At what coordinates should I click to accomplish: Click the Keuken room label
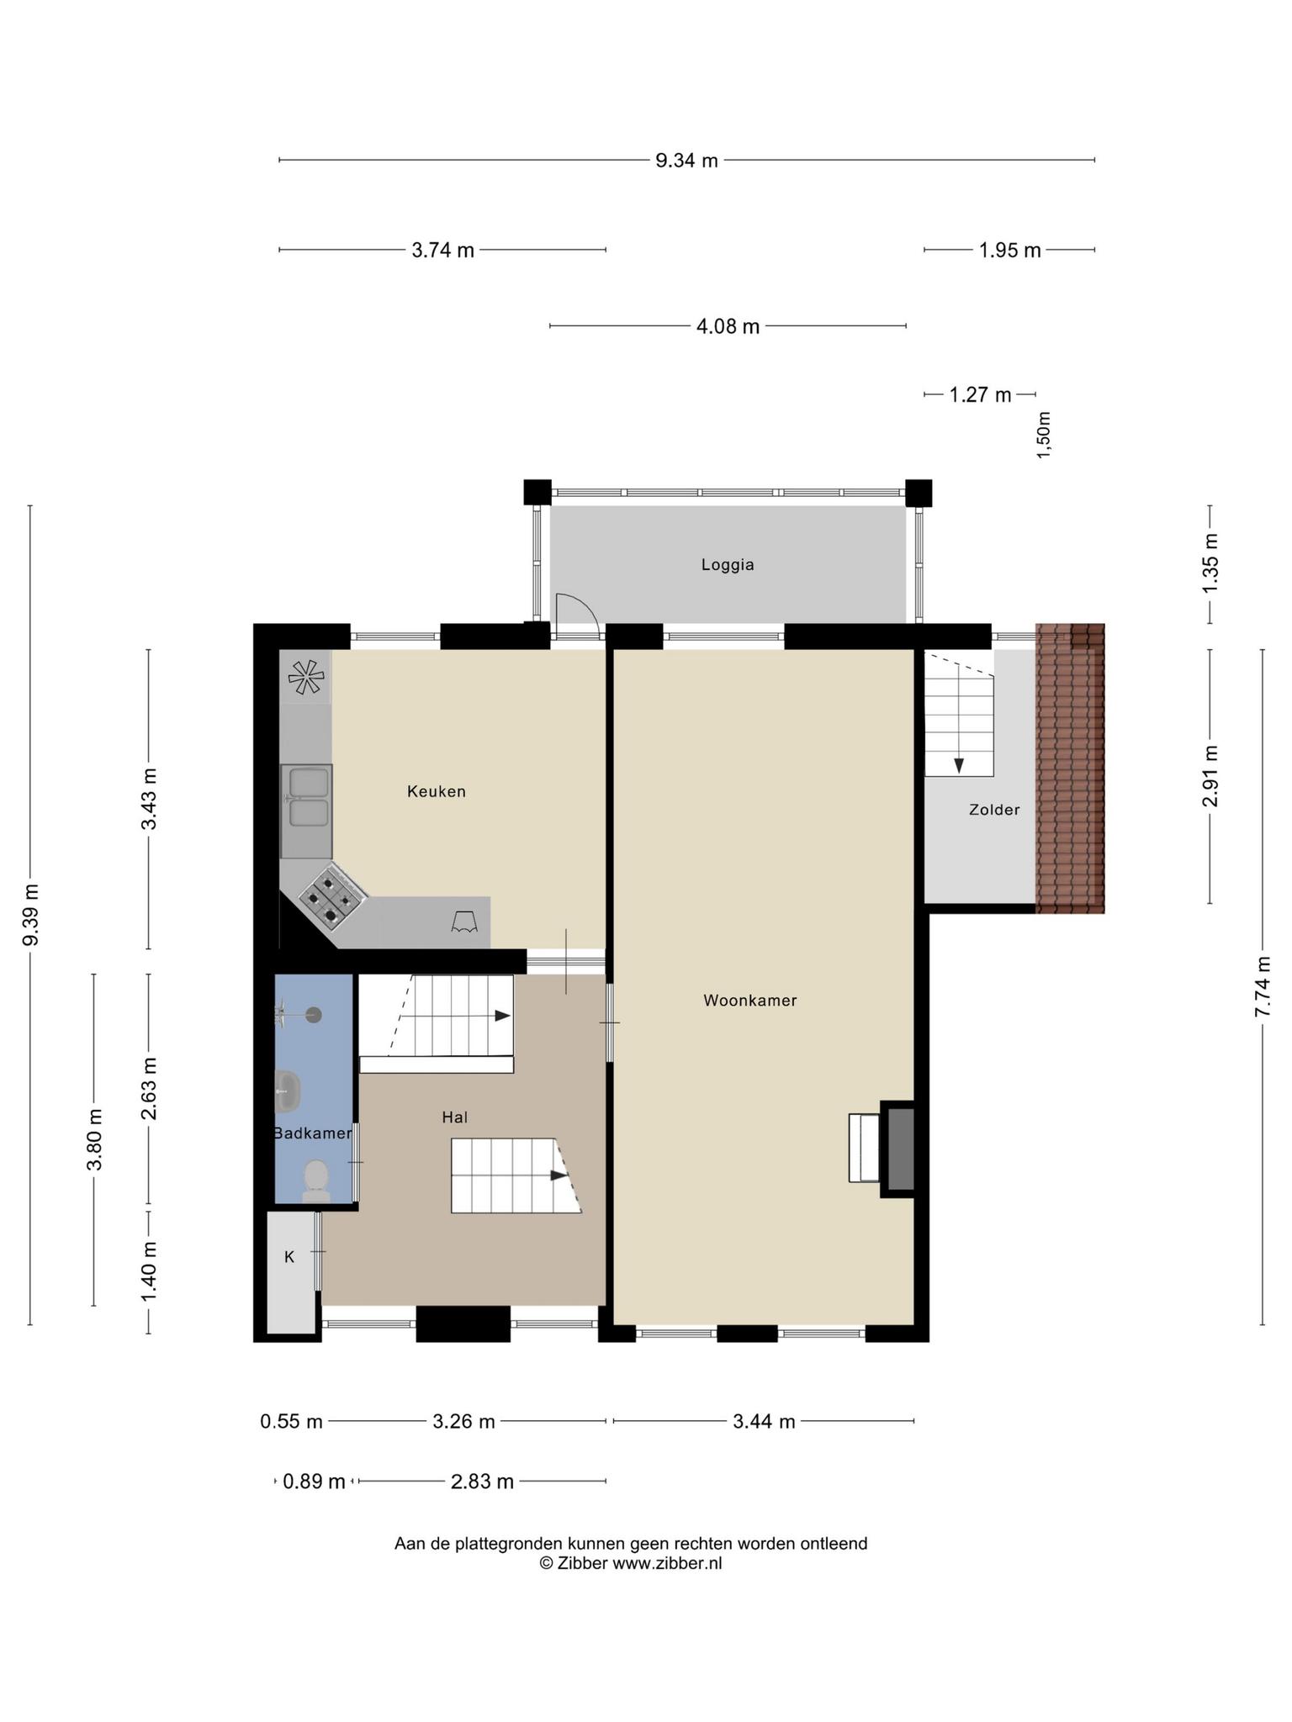coord(436,791)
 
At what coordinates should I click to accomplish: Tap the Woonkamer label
coord(750,1001)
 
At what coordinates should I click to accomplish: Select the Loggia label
coord(728,565)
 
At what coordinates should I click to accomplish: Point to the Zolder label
coord(994,810)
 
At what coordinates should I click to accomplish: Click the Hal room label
coord(454,1117)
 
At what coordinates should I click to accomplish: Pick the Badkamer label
coord(312,1133)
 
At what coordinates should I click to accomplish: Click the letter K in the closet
coord(289,1257)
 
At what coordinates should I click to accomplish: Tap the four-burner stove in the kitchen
coord(332,896)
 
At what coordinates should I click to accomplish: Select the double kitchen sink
coord(306,797)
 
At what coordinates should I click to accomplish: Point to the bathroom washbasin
coord(287,1091)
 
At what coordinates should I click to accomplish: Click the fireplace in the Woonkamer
coord(897,1149)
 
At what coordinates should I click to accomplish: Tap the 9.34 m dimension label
coord(687,160)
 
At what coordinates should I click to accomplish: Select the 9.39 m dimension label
coord(30,915)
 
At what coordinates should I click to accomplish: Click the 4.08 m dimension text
coord(728,326)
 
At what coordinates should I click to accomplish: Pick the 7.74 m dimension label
coord(1262,987)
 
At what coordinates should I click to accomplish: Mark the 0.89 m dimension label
coord(314,1482)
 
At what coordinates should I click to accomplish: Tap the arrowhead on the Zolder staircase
coord(958,765)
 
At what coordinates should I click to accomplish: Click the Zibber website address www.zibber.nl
coord(667,1563)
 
